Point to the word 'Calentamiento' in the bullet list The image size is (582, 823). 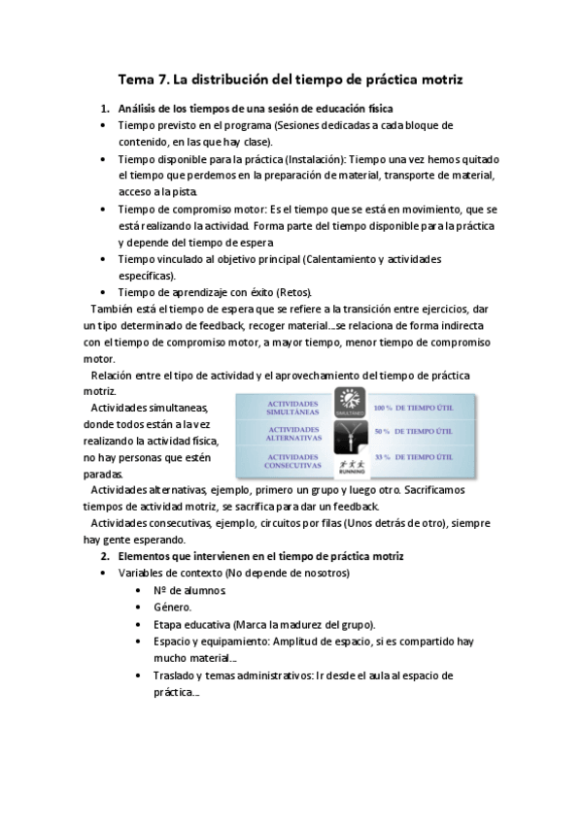(347, 259)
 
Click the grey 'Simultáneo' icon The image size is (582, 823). (349, 404)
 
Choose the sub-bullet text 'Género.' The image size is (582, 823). (172, 607)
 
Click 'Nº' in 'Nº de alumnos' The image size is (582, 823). (160, 590)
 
